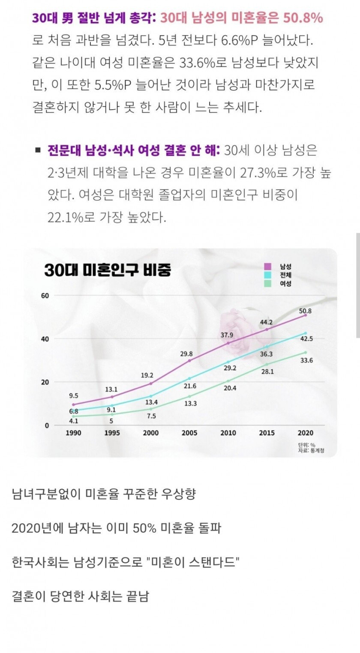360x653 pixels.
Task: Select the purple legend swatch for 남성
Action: [268, 267]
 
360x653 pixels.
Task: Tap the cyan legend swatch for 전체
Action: [268, 275]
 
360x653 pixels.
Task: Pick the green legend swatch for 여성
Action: [268, 283]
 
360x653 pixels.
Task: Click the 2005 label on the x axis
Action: [189, 433]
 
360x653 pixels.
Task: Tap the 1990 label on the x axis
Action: [73, 433]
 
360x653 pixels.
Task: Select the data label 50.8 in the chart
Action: [305, 311]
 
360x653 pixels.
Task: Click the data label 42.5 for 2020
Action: [306, 338]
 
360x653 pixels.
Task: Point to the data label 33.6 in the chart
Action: [306, 360]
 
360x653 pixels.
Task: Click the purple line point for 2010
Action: [228, 343]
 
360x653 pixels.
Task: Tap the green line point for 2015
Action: [267, 365]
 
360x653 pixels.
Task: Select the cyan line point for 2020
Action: [305, 333]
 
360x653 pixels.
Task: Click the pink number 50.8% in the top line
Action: [303, 18]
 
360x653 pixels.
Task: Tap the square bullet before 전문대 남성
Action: [38, 150]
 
